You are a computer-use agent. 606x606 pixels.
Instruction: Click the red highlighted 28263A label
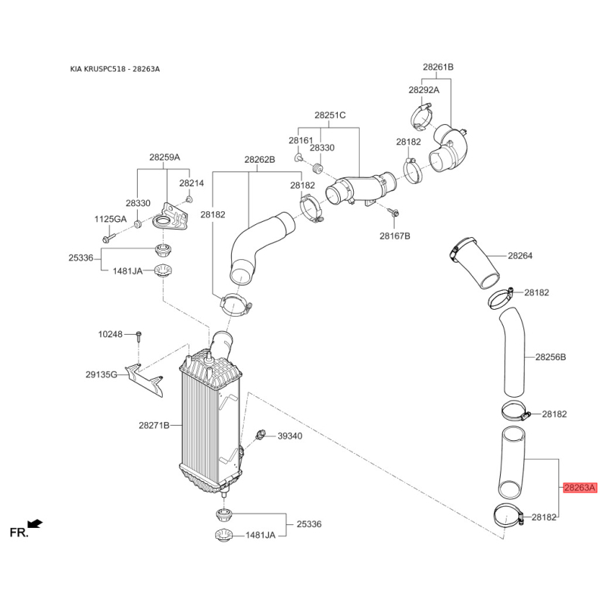click(x=580, y=488)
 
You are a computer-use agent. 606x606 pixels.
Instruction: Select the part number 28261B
click(x=438, y=67)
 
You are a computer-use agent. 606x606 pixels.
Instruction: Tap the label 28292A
click(x=423, y=89)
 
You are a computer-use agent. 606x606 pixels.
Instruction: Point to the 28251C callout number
click(x=330, y=115)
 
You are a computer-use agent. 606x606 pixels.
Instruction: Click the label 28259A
click(x=164, y=158)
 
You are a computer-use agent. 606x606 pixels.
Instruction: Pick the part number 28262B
click(x=259, y=160)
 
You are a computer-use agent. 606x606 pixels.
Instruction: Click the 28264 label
click(x=520, y=256)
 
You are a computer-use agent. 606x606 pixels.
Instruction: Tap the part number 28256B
click(x=551, y=356)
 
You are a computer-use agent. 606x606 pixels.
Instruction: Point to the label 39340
click(x=289, y=436)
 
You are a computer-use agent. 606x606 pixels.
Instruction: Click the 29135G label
click(x=101, y=374)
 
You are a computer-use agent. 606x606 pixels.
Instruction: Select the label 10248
click(x=110, y=334)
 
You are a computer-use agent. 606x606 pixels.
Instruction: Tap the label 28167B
click(x=395, y=236)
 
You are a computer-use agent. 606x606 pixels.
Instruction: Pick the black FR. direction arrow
click(x=34, y=523)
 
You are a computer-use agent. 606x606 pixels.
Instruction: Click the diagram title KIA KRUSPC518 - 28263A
click(x=115, y=70)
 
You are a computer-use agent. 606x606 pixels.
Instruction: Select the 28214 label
click(x=192, y=183)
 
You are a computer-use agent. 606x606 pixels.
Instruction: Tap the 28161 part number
click(x=301, y=141)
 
